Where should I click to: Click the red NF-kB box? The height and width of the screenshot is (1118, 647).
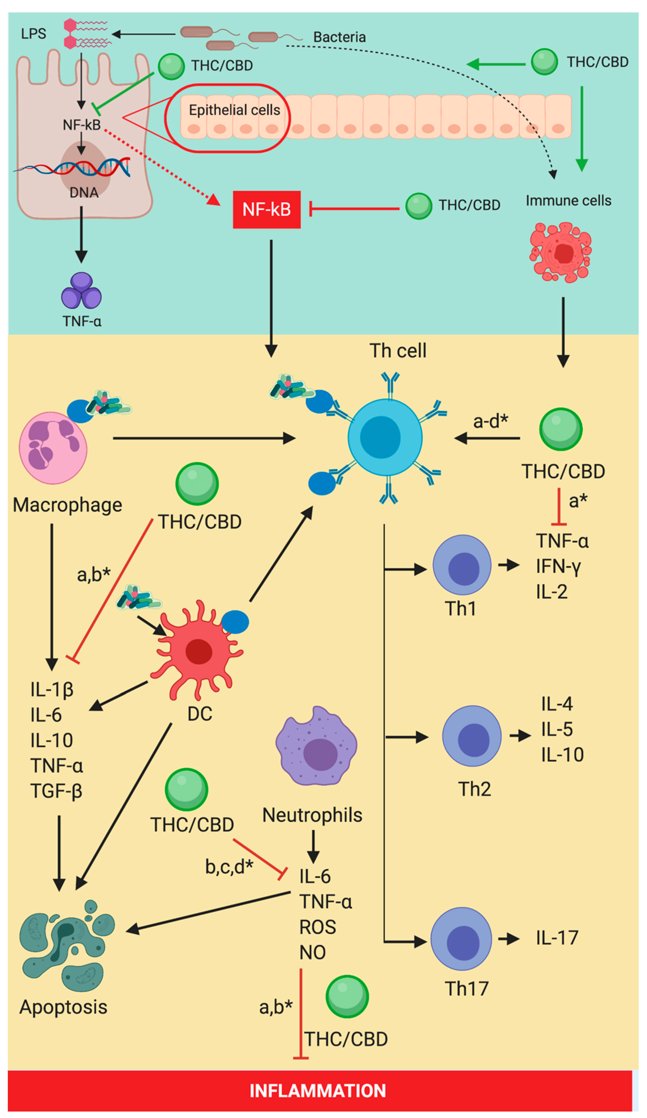(266, 209)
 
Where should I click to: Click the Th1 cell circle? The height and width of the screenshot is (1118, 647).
(462, 565)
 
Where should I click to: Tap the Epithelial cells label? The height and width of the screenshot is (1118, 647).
(234, 110)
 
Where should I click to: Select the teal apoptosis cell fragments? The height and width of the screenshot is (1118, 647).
(67, 945)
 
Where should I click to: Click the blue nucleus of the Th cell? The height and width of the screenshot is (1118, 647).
(380, 437)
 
